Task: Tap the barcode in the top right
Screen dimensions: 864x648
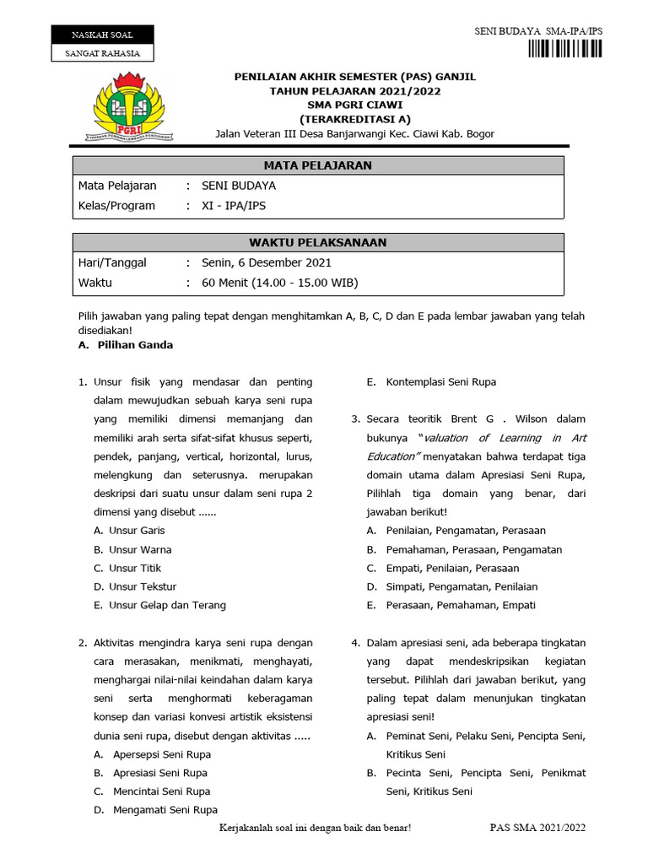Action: (x=566, y=48)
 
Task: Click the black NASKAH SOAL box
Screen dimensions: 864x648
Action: (x=103, y=35)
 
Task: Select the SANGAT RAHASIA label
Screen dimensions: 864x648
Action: (x=103, y=53)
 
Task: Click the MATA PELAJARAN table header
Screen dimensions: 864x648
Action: (x=317, y=165)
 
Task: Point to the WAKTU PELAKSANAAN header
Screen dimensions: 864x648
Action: (x=317, y=242)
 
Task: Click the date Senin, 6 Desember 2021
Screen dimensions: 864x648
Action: (x=267, y=262)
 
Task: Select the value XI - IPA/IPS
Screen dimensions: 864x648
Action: (x=239, y=205)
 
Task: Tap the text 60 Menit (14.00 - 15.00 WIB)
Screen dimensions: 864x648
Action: (x=280, y=283)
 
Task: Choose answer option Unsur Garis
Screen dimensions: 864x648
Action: (x=137, y=531)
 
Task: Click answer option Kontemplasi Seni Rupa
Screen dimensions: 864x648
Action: (x=440, y=382)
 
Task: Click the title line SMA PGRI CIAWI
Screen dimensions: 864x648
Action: (x=354, y=105)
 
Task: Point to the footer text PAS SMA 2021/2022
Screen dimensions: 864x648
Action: (x=537, y=828)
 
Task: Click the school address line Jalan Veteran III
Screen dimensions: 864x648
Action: (x=354, y=133)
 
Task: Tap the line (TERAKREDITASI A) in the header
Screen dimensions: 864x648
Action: (x=354, y=119)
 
